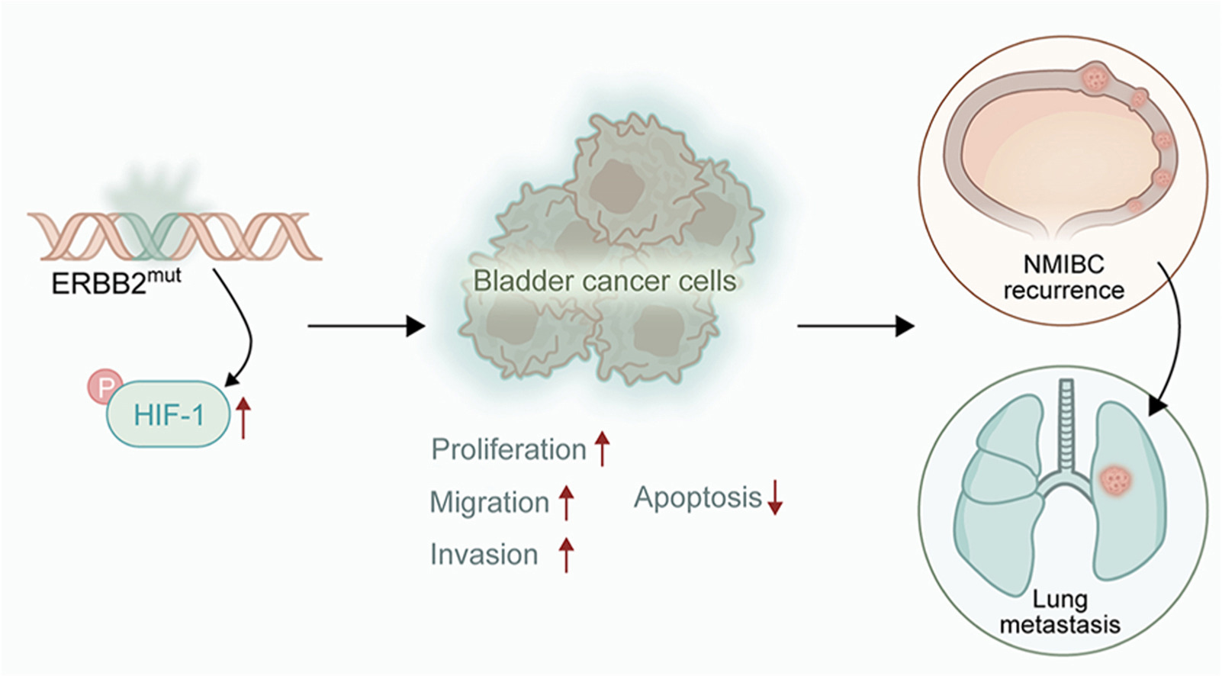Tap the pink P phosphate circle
click(x=105, y=387)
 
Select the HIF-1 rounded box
click(x=168, y=414)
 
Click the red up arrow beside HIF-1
click(x=243, y=418)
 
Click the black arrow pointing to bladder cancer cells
click(x=365, y=327)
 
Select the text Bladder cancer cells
click(x=604, y=281)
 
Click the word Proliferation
click(x=508, y=449)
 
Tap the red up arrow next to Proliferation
click(x=602, y=448)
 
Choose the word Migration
click(x=489, y=503)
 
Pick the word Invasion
click(x=484, y=555)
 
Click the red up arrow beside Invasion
click(x=566, y=554)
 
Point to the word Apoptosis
click(x=698, y=497)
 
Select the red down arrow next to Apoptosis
click(x=775, y=497)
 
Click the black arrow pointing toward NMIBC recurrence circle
click(x=855, y=327)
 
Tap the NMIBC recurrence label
click(x=1063, y=278)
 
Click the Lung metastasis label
click(x=1060, y=612)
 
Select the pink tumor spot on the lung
click(x=1116, y=481)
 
